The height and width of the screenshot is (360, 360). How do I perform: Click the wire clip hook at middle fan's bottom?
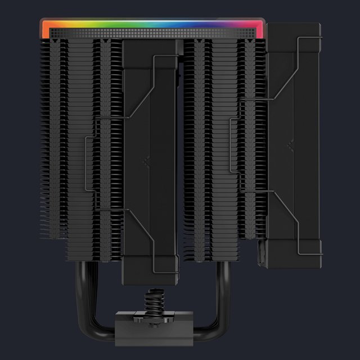point(155,244)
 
